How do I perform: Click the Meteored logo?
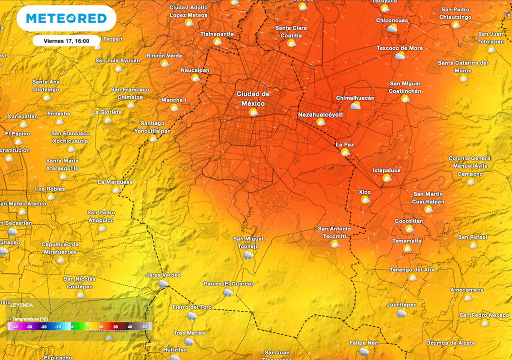[66, 18]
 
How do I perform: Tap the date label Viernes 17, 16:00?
[66, 41]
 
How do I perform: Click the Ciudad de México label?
[253, 98]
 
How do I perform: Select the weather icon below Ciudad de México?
[253, 112]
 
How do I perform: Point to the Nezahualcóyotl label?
[320, 114]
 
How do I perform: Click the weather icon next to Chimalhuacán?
[355, 106]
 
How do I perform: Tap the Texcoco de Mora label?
[399, 48]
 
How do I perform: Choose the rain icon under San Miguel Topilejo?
[247, 255]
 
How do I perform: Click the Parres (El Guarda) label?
[228, 284]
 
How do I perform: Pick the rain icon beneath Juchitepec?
[401, 313]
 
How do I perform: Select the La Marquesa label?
[115, 182]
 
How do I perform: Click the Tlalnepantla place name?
[217, 34]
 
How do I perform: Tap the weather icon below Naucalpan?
[195, 78]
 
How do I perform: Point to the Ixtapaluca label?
[386, 170]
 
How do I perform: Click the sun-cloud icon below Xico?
[365, 200]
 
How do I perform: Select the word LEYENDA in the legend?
[22, 305]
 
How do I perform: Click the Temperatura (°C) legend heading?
[30, 318]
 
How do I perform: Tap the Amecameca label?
[466, 290]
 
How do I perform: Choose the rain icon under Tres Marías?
[189, 342]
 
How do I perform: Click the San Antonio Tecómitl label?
[334, 232]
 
